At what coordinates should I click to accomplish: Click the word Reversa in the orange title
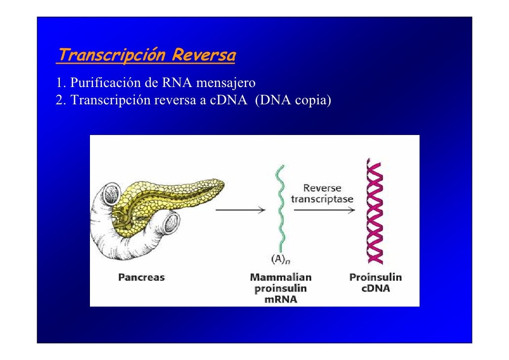tap(203, 55)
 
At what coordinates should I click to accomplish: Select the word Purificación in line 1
tap(103, 82)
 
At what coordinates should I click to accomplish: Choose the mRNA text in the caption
tap(281, 300)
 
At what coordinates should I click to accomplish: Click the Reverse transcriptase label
tap(322, 194)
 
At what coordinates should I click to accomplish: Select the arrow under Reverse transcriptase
tap(324, 210)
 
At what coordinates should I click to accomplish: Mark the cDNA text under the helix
tap(376, 288)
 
